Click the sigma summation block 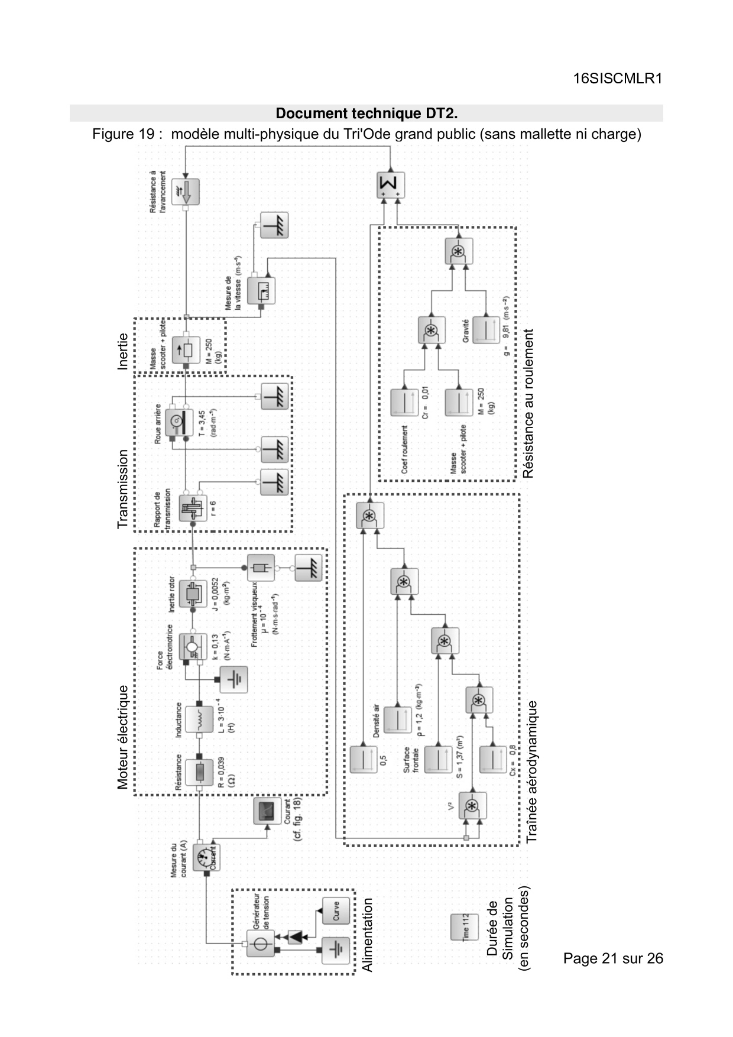391,186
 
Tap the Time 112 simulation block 464,926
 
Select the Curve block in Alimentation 335,911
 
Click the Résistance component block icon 199,772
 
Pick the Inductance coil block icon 199,719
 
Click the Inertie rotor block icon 193,593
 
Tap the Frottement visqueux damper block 261,568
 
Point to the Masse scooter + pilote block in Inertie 186,350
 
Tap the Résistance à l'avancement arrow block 186,192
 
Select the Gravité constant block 486,329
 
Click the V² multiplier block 472,806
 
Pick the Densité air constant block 397,720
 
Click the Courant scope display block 267,811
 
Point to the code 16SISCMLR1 617,79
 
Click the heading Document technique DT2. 367,113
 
